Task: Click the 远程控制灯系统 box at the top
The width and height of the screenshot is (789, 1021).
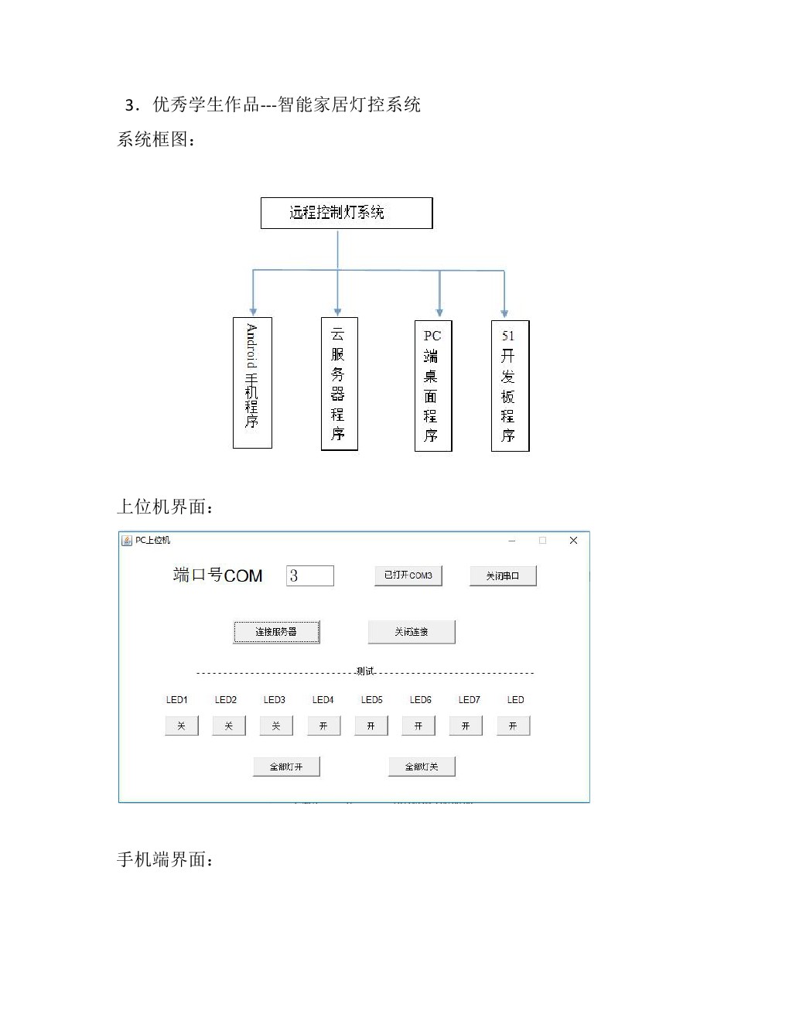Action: coord(347,213)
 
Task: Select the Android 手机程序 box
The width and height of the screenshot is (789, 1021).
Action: coord(252,382)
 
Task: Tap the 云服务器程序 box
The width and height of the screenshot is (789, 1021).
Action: coord(340,384)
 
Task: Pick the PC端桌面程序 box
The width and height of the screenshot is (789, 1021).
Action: coord(433,386)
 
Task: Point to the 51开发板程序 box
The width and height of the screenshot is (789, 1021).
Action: coord(510,386)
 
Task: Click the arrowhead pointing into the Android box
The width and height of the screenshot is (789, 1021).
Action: coord(253,312)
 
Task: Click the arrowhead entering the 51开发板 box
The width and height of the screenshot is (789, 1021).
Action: coord(504,314)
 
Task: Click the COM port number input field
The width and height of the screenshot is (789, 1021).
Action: coord(310,575)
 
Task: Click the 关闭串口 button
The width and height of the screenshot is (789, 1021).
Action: coord(503,575)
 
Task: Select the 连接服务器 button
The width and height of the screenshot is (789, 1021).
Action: coord(276,632)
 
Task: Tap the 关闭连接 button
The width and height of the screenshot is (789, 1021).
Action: coord(412,632)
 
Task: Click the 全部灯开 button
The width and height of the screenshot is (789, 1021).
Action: coord(286,767)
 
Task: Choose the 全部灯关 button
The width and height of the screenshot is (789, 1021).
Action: coord(422,767)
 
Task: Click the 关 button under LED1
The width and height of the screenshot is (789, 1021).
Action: coord(181,726)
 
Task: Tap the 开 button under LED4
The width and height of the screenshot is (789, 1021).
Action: coord(324,726)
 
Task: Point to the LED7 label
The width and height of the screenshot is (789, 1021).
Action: coord(469,700)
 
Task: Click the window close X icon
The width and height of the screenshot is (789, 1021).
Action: coord(573,541)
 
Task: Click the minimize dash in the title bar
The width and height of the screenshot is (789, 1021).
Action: coord(512,541)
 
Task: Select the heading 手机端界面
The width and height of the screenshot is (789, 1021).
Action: coord(165,859)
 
